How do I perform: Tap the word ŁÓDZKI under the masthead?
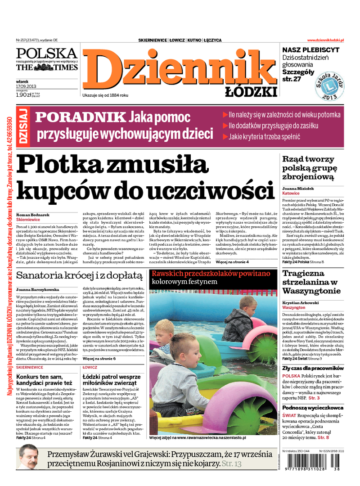(251, 92)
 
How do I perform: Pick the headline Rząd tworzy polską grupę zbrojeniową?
(309, 168)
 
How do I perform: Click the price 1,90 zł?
(24, 95)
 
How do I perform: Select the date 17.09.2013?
(26, 86)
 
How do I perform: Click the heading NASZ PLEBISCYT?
(310, 50)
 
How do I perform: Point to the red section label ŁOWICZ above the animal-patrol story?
(90, 368)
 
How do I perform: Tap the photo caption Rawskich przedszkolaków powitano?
(211, 273)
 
